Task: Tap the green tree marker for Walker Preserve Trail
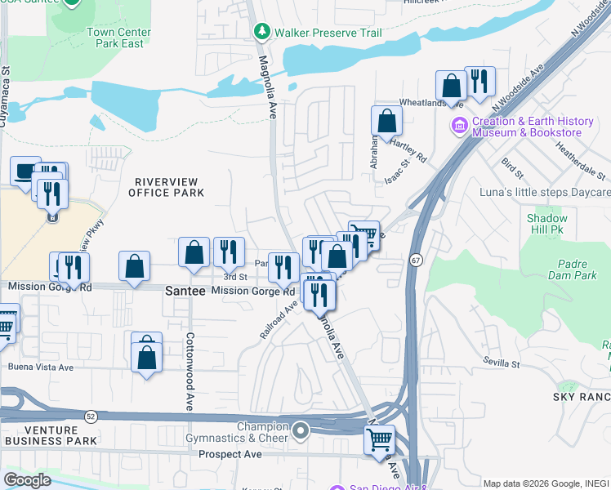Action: pos(261,32)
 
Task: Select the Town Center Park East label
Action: pos(120,38)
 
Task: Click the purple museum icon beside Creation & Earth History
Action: pos(459,127)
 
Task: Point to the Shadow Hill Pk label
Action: pos(546,225)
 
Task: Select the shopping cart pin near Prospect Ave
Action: pos(379,439)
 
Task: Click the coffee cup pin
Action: pos(26,171)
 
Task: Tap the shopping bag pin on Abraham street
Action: pos(386,121)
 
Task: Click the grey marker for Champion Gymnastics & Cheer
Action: pos(301,430)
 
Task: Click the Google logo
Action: pos(27,480)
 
